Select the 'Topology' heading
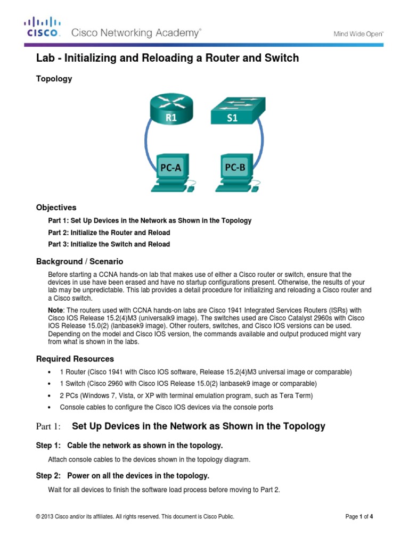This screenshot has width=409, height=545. (x=54, y=79)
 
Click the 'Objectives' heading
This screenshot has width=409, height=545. (x=56, y=208)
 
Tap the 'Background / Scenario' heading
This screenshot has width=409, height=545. (x=79, y=261)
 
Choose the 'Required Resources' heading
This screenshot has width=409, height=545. (x=75, y=359)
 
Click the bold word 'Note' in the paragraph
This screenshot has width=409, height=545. (x=55, y=310)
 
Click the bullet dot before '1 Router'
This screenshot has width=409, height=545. (x=49, y=372)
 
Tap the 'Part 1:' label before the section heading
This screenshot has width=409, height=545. (x=48, y=427)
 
